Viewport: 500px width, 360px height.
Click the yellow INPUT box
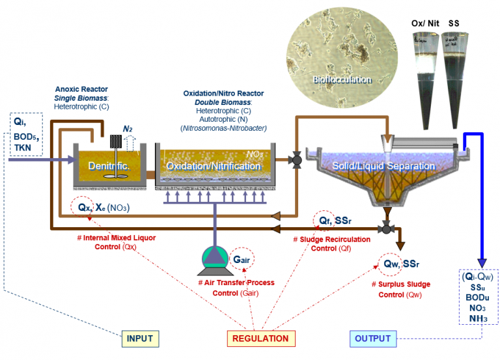[x=140, y=339]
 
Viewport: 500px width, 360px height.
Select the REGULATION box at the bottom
[x=260, y=339]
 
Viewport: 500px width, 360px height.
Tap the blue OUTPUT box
[x=373, y=339]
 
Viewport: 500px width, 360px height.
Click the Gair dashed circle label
[x=240, y=258]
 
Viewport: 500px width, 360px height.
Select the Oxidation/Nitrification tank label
[x=212, y=168]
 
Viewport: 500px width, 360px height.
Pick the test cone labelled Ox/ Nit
[x=424, y=72]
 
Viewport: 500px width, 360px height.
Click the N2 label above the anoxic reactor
[x=128, y=130]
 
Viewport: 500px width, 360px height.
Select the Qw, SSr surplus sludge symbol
[x=396, y=264]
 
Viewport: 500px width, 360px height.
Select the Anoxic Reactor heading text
[x=81, y=89]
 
